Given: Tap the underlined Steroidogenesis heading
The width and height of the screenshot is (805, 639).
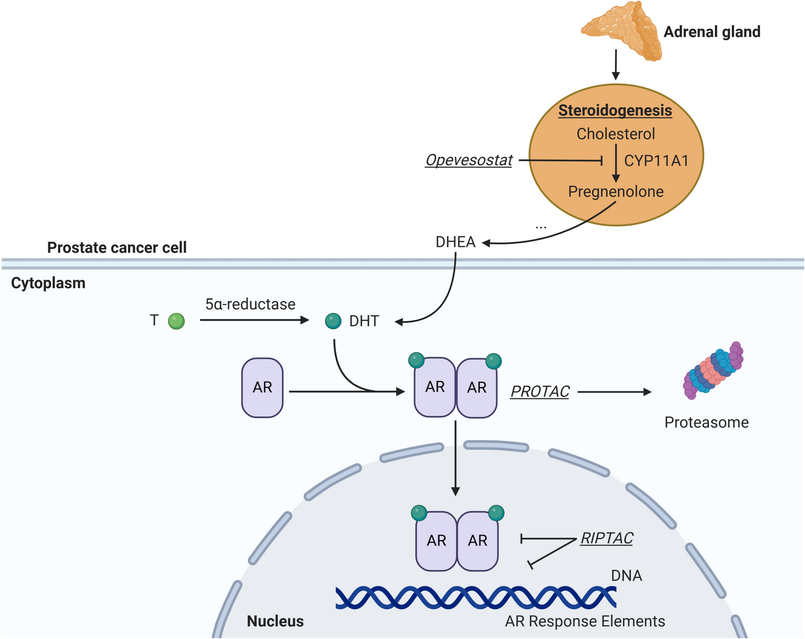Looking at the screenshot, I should [615, 111].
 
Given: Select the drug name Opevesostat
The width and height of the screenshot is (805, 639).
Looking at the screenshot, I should [469, 160].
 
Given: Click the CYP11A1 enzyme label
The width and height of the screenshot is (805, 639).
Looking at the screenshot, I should [656, 160].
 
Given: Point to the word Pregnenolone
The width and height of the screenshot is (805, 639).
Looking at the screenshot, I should [616, 191].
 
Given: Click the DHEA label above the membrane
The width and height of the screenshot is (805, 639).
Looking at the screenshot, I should [456, 242].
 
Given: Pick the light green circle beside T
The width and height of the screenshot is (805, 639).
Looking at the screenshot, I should [176, 321].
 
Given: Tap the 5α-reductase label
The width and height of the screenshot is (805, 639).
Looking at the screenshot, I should [250, 304].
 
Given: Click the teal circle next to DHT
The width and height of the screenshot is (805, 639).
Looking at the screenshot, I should [333, 321].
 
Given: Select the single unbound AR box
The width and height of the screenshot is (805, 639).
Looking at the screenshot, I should [262, 388].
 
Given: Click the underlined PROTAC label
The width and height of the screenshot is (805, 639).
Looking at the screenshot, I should [540, 392].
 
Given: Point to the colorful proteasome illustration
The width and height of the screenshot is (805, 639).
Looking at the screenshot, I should [713, 370].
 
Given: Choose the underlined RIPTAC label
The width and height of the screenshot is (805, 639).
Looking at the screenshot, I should [607, 538].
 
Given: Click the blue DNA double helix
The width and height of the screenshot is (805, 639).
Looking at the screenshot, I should [476, 597].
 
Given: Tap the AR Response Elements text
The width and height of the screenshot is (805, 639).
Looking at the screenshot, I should [585, 621].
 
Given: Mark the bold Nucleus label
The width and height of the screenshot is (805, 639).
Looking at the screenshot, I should [275, 621].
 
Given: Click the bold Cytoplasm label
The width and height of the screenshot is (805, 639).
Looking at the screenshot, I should [48, 283].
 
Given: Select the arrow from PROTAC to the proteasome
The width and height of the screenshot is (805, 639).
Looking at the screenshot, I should [614, 392].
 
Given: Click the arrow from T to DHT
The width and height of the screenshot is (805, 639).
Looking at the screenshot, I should [255, 321].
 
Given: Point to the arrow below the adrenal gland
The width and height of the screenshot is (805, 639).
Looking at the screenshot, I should [616, 65].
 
